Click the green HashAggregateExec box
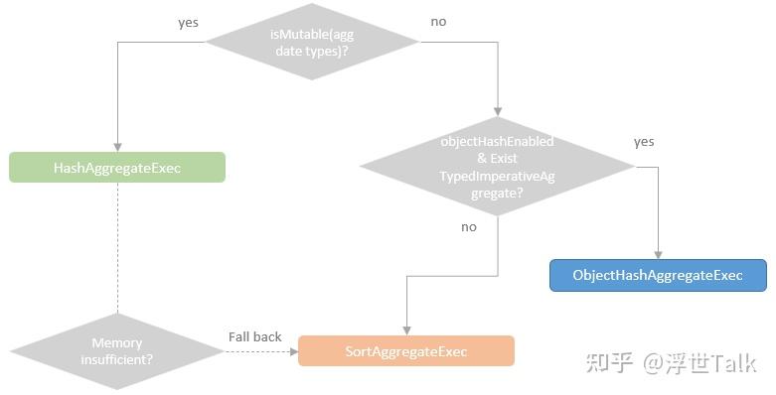[117, 168]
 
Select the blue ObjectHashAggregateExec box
[658, 275]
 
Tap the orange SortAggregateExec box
[405, 351]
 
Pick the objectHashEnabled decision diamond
[497, 165]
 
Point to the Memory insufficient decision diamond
[117, 351]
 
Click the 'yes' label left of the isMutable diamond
[189, 22]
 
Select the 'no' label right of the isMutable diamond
[438, 22]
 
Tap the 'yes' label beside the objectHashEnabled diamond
[644, 142]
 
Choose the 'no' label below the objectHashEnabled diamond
[468, 227]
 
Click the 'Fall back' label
[255, 336]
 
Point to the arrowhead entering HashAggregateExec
[117, 147]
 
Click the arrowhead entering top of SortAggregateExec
[405, 329]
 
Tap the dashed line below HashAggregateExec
[117, 248]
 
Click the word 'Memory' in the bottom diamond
[116, 343]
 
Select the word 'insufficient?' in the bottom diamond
[116, 359]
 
